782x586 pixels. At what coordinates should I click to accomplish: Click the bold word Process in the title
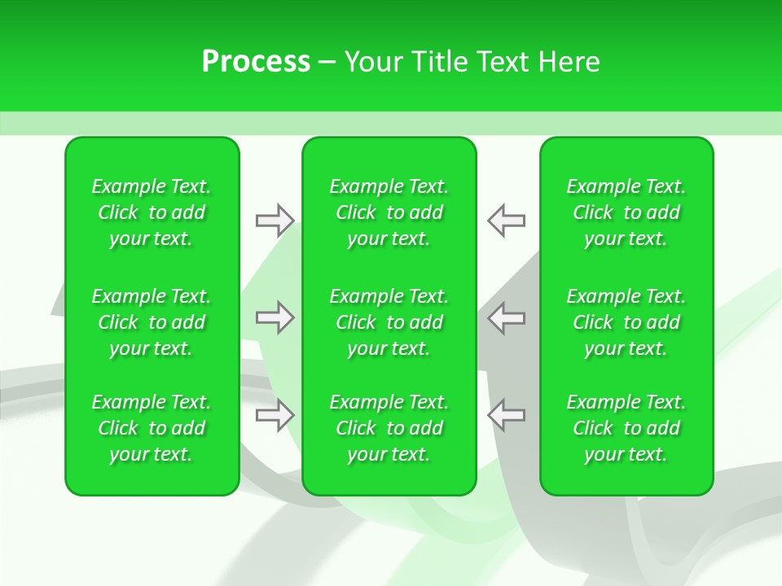coord(256,62)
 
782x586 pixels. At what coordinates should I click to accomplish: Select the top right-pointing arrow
coord(275,220)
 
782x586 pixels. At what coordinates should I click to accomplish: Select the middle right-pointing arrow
coord(275,317)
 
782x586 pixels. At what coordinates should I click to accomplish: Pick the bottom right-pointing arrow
coord(275,415)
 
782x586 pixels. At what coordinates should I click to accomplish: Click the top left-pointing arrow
coord(506,220)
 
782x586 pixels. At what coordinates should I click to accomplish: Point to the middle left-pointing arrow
coord(506,317)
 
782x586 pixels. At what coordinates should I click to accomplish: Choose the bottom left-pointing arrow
coord(506,415)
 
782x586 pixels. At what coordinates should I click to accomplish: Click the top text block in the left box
coord(152,212)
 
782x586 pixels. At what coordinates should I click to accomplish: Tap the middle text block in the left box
coord(152,322)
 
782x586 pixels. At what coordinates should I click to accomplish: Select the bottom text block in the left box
coord(152,428)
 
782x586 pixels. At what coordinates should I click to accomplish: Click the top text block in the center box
coord(389,212)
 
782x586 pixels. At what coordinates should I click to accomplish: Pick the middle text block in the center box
coord(389,322)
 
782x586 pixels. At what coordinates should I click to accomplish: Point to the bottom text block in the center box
coord(389,428)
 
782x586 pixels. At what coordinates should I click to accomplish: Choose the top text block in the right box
coord(626,212)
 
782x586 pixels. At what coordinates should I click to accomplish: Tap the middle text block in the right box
coord(626,322)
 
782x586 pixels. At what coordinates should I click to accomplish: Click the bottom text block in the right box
coord(626,428)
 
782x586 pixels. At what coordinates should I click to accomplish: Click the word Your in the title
coord(371,62)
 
